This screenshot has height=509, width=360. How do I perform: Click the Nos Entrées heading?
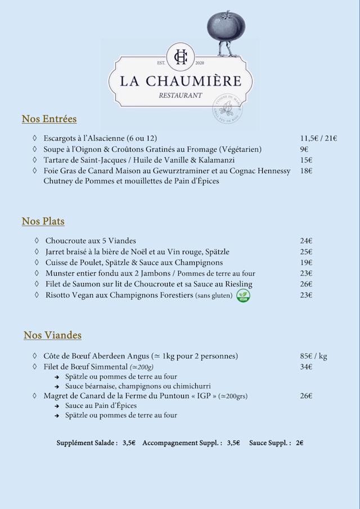(49, 119)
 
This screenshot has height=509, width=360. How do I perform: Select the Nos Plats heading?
(43, 222)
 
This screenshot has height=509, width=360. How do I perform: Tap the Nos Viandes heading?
(52, 335)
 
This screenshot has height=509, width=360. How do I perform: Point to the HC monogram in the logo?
(181, 56)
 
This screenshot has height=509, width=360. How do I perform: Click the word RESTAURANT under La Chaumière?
(180, 96)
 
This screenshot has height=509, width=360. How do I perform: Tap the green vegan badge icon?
(243, 296)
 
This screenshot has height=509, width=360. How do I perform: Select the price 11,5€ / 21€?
(318, 138)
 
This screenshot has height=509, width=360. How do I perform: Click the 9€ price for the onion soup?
(304, 149)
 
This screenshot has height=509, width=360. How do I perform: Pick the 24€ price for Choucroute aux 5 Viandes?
(306, 241)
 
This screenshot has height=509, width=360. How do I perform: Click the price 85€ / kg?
(314, 356)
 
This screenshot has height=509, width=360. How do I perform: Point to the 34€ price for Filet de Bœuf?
(306, 367)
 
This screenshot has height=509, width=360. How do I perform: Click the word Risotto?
(58, 295)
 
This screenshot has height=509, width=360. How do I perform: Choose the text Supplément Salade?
(87, 443)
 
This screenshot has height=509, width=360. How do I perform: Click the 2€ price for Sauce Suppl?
(300, 443)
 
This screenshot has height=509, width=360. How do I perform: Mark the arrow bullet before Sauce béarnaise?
(57, 387)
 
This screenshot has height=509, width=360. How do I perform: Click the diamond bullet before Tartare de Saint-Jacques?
(34, 160)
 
